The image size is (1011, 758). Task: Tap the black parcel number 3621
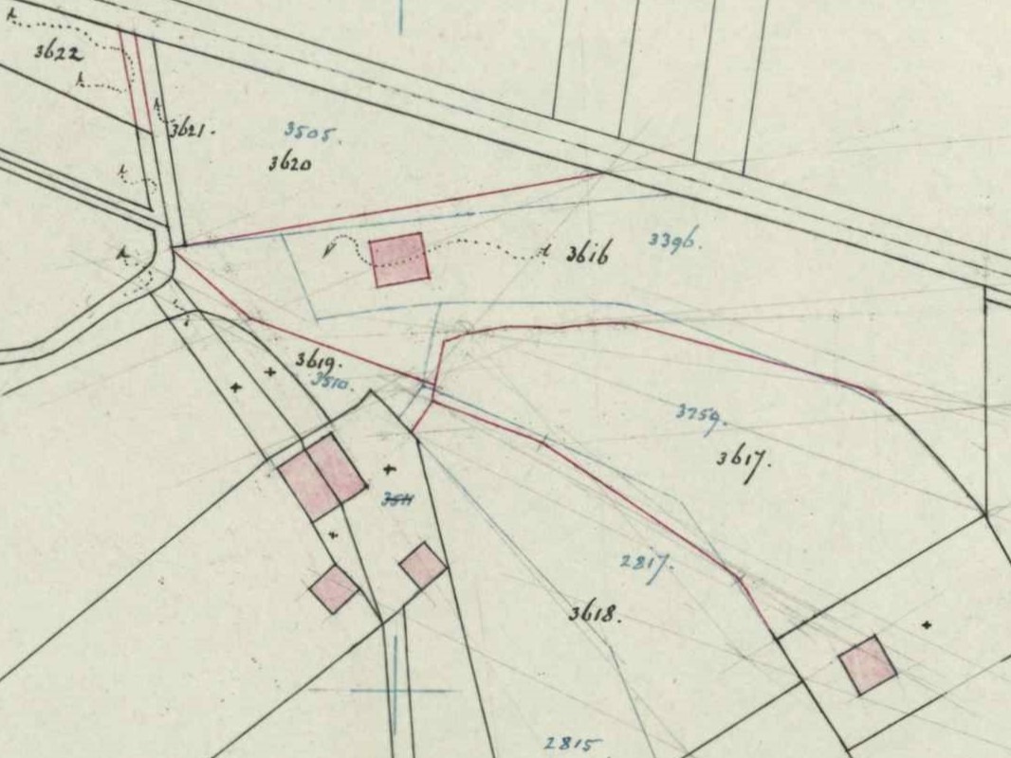[x=192, y=131]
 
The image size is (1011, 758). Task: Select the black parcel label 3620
[x=290, y=162]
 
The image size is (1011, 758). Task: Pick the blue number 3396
[x=674, y=241]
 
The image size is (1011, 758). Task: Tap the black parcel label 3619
[x=318, y=360]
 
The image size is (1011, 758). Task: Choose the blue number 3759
[x=701, y=414]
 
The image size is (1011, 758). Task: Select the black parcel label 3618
[x=595, y=614]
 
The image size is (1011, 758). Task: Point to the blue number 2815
[x=573, y=744]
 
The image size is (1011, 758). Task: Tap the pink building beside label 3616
[x=398, y=259]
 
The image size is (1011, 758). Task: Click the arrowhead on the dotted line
[x=328, y=249]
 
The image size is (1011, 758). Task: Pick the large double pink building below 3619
[x=322, y=476]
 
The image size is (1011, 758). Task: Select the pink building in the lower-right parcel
[x=867, y=665]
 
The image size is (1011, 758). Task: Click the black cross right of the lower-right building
[x=927, y=624]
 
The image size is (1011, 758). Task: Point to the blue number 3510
[x=331, y=383]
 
